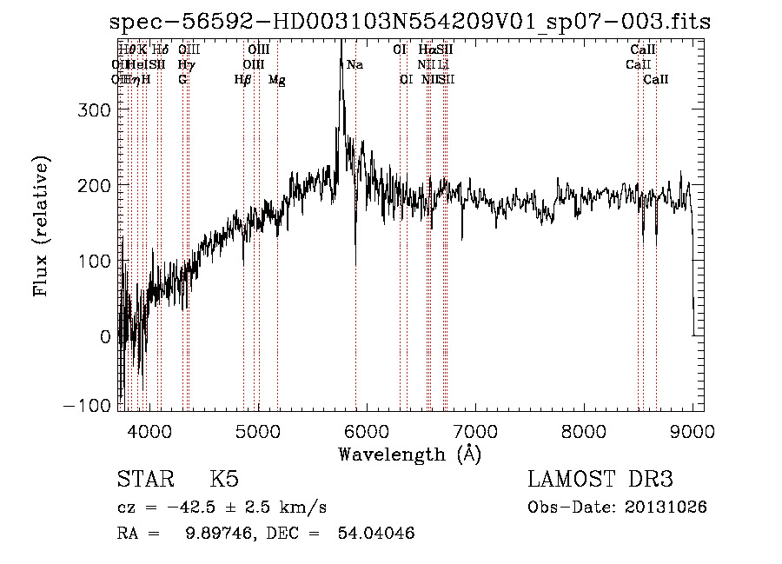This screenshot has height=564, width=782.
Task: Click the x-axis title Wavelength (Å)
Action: (x=409, y=454)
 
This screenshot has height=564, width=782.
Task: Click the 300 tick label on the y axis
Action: (x=94, y=109)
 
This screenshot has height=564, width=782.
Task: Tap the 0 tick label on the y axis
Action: (x=105, y=336)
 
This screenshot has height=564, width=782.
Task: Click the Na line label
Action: (x=355, y=64)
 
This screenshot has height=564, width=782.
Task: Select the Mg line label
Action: (x=277, y=80)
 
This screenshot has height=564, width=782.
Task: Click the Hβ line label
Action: (x=242, y=80)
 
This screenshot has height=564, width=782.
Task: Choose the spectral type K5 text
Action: (x=224, y=480)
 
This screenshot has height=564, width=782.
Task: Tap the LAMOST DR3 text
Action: (x=600, y=480)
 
